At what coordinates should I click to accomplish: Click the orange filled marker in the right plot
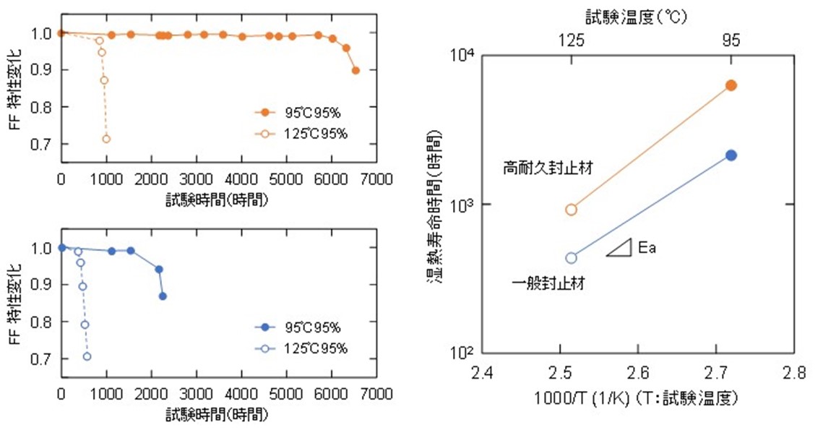coord(731,85)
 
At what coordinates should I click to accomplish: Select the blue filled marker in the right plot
coord(731,155)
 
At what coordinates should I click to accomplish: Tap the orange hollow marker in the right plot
coord(572,210)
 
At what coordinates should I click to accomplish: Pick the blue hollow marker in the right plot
coord(572,257)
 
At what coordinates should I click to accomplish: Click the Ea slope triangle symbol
coord(620,247)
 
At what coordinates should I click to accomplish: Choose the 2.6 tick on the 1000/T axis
coord(638,373)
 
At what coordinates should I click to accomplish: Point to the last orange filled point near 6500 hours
coord(356,70)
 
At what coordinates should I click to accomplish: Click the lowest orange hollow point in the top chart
coord(106,139)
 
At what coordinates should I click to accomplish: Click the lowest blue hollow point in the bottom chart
coord(87,356)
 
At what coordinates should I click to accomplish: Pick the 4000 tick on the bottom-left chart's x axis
coord(242,394)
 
